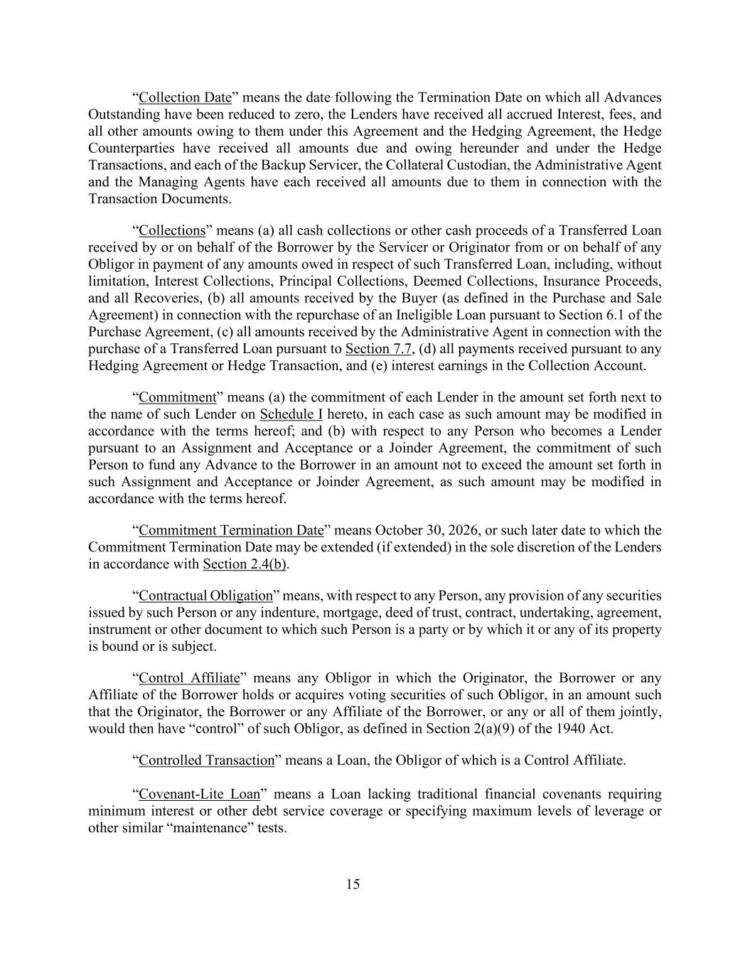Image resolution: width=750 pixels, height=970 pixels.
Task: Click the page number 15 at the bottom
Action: tap(353, 884)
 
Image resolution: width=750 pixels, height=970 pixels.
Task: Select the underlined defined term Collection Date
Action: tap(185, 97)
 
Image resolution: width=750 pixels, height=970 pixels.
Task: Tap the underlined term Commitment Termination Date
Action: tap(231, 531)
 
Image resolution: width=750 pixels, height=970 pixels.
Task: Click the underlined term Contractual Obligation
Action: tap(205, 596)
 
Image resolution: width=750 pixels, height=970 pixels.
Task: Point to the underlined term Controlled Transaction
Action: tap(206, 760)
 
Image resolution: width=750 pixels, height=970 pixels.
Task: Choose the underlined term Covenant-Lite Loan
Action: tap(199, 794)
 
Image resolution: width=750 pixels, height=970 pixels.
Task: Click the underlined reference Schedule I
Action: tap(291, 414)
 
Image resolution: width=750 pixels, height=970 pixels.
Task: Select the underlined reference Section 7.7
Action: tap(378, 349)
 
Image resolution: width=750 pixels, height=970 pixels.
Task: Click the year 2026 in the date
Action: tap(476, 531)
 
